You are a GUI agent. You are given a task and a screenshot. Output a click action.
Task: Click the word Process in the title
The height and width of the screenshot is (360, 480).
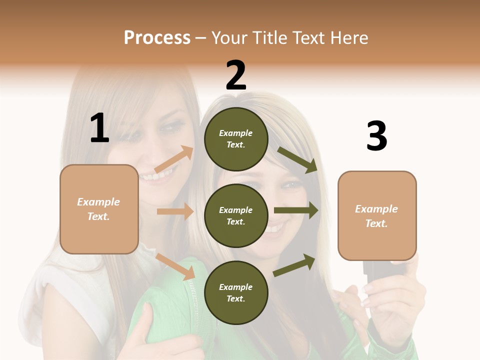[x=157, y=38]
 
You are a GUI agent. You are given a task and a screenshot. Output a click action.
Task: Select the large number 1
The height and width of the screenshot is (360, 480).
[x=99, y=128]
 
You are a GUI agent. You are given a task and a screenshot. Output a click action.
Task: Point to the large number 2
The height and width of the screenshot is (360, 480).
[x=236, y=75]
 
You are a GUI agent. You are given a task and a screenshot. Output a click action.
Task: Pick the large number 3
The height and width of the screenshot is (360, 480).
[x=376, y=136]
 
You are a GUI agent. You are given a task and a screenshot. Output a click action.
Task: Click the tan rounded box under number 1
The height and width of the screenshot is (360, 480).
[x=99, y=209]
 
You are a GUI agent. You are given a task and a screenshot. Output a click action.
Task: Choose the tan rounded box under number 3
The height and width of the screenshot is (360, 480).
[x=377, y=216]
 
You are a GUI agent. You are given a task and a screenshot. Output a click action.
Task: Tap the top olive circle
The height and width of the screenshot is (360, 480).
[x=236, y=139]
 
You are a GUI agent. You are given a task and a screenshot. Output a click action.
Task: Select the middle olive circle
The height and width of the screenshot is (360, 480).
[x=236, y=216]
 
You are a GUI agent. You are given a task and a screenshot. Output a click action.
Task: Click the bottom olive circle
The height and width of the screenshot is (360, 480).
[x=236, y=293]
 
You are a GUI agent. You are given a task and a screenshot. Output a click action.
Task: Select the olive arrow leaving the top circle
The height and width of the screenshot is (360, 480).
[x=297, y=160]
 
